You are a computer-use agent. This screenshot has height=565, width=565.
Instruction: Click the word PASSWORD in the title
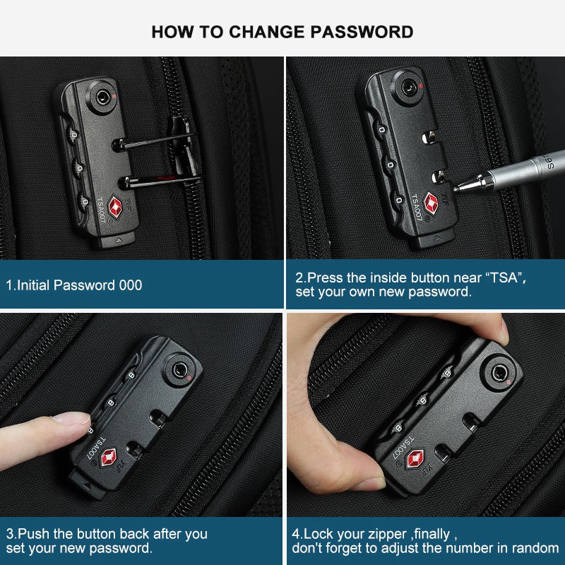(362, 32)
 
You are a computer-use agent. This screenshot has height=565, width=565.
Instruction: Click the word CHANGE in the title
(267, 32)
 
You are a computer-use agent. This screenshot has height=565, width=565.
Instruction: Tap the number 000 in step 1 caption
(131, 285)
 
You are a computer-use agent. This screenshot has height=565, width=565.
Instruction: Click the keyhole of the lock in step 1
(102, 97)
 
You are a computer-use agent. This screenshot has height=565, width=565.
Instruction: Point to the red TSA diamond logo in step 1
(115, 206)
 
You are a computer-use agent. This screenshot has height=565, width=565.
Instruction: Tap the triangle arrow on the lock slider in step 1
(119, 239)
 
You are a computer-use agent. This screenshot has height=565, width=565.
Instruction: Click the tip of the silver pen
(455, 189)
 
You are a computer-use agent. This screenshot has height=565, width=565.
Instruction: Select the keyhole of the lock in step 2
(408, 87)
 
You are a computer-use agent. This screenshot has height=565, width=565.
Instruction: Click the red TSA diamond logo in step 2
(432, 203)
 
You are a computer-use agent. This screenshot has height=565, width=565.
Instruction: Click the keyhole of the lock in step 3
(179, 370)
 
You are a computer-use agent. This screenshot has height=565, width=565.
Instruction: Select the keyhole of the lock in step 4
(499, 373)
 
